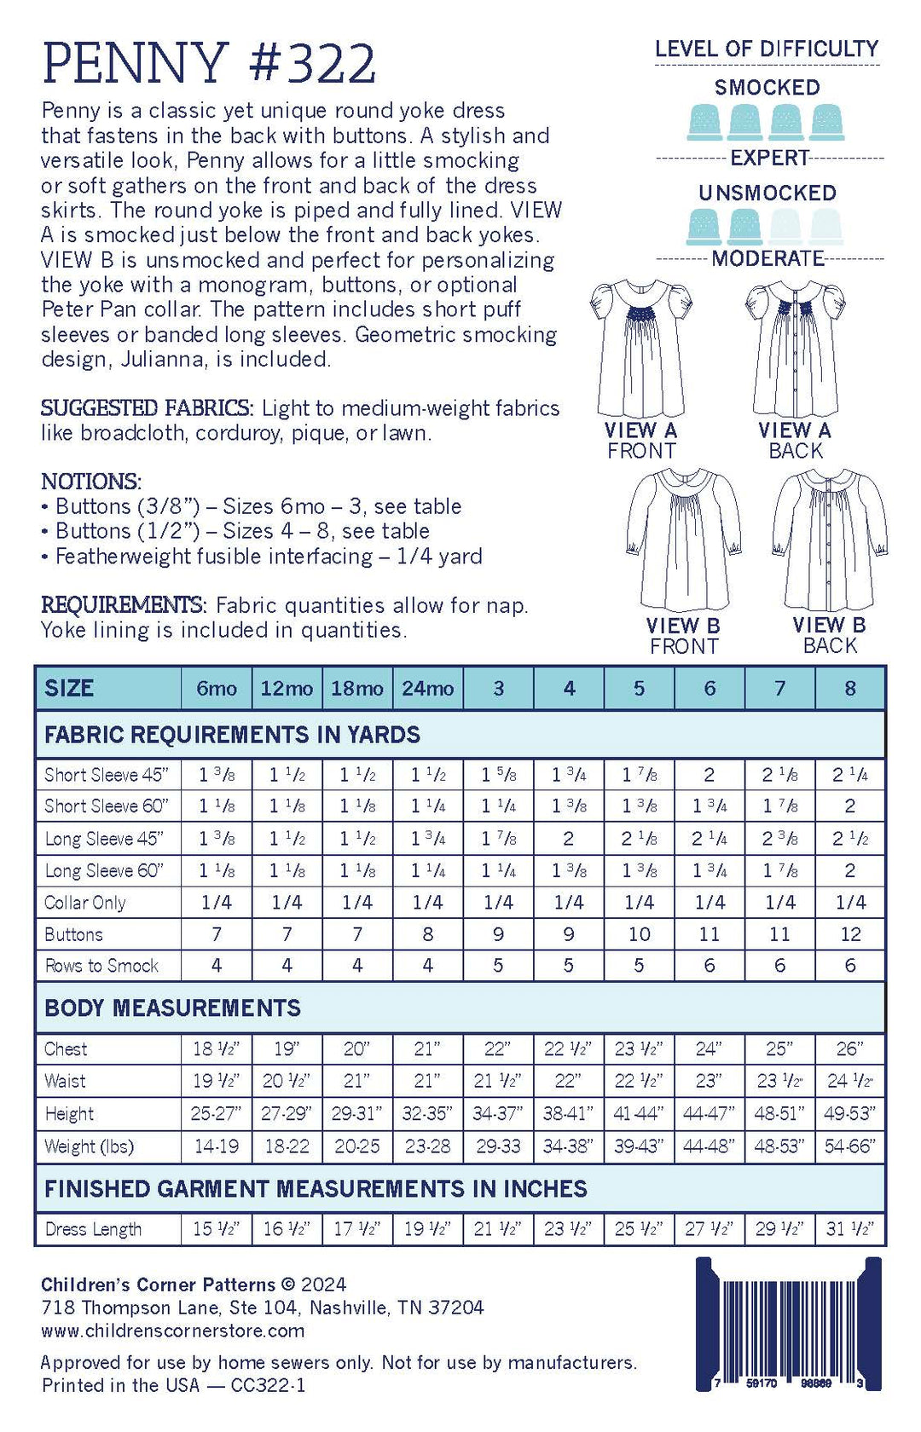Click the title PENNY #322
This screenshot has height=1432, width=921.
209,64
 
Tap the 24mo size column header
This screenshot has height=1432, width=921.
427,688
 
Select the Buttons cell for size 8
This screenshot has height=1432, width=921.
850,934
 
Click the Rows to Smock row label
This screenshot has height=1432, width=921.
101,966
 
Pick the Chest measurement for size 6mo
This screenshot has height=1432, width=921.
216,1049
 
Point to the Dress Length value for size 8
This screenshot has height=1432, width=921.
850,1229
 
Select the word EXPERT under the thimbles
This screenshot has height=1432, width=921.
769,158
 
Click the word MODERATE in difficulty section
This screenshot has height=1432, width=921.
767,258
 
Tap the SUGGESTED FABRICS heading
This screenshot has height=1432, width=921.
147,408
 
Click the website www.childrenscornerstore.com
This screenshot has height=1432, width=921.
172,1331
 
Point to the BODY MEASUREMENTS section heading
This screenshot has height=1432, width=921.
172,1008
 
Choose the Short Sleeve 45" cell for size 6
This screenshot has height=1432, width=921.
710,775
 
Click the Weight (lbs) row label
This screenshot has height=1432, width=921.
89,1146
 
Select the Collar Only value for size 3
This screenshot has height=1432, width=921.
498,902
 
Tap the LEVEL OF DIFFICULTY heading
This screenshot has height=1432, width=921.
767,49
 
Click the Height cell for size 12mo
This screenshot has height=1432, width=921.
287,1114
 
